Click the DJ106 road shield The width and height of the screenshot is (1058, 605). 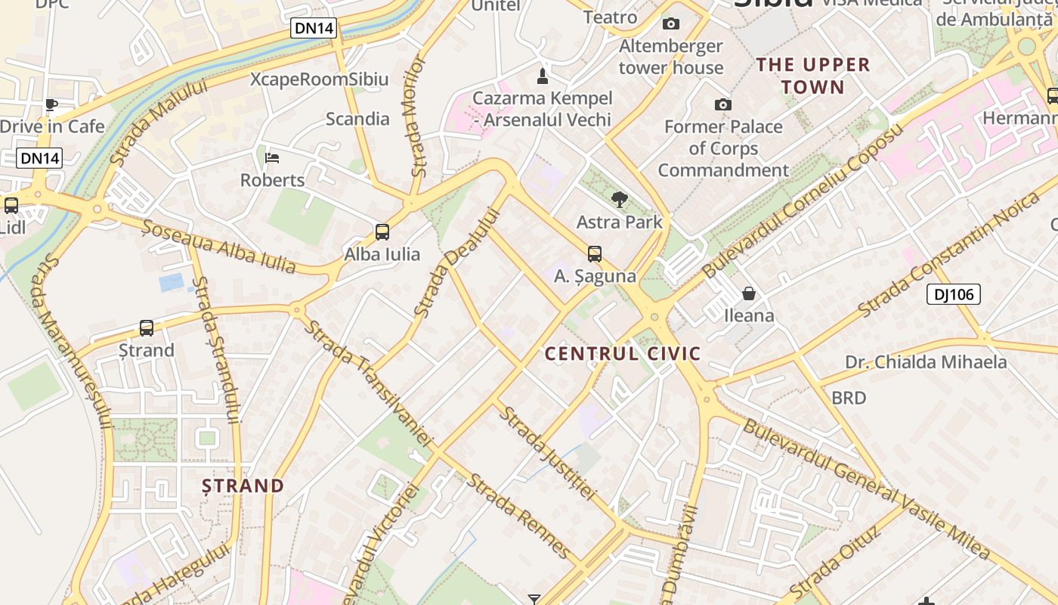click(954, 294)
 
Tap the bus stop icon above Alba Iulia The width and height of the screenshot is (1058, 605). click(382, 232)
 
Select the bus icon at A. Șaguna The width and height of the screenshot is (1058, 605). click(595, 254)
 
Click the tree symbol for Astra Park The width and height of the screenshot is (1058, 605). click(620, 200)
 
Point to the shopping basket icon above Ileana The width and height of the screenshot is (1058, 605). click(749, 293)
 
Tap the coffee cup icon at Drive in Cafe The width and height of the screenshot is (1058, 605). click(51, 104)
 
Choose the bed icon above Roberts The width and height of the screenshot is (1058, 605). click(273, 158)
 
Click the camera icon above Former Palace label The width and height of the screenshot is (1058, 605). click(723, 104)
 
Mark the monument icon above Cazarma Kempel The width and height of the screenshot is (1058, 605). click(542, 76)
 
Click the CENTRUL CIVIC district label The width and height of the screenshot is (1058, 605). click(623, 353)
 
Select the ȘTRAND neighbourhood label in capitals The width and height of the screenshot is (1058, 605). click(243, 486)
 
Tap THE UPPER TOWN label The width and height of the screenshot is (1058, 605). click(813, 76)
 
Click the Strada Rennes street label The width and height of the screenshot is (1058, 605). click(518, 514)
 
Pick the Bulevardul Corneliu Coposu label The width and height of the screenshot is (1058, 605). click(803, 200)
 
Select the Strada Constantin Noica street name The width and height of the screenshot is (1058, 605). click(949, 254)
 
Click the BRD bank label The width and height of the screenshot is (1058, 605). click(849, 398)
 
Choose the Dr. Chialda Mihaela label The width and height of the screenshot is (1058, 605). click(926, 362)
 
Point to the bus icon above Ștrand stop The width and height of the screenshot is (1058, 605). click(147, 328)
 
